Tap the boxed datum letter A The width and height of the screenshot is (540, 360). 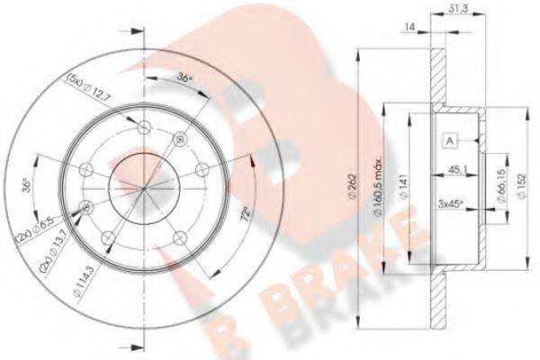pos(448,139)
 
